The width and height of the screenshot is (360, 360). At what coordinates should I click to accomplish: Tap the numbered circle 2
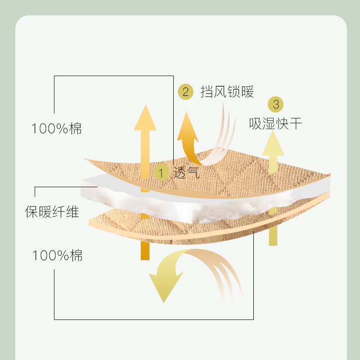tap(185, 92)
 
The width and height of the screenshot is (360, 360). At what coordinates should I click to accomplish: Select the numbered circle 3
tap(276, 105)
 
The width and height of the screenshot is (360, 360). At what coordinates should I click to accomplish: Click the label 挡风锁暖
tap(227, 92)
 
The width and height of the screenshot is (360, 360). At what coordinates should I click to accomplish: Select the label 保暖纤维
tap(52, 211)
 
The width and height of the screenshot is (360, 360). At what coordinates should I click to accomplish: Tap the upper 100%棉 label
tap(57, 129)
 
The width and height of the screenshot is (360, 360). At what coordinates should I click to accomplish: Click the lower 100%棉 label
tap(57, 256)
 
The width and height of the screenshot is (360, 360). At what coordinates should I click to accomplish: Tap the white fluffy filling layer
tap(189, 202)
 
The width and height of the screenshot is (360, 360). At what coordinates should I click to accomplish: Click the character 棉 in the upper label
tap(76, 129)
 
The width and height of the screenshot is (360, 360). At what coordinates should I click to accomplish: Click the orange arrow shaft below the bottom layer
tap(145, 250)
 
